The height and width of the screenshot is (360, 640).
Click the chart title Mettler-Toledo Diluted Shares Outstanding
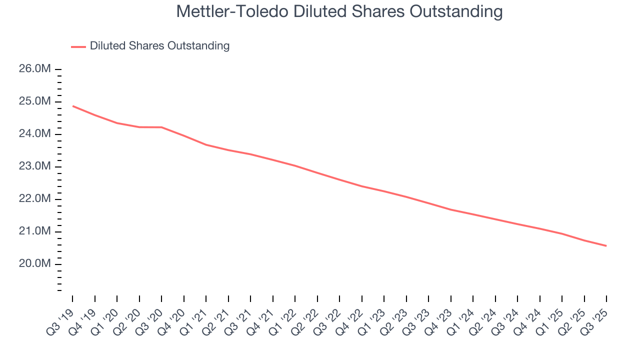tap(339, 11)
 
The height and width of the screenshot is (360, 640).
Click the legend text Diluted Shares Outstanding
tap(159, 46)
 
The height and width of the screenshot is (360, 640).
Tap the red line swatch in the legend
tap(78, 46)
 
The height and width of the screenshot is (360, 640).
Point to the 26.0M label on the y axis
tap(34, 69)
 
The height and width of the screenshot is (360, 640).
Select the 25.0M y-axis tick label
tap(34, 101)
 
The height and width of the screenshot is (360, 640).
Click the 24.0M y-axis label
tap(34, 134)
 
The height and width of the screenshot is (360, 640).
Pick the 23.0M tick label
tap(34, 166)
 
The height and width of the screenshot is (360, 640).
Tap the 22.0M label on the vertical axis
tap(34, 199)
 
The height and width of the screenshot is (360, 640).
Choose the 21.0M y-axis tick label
tap(34, 231)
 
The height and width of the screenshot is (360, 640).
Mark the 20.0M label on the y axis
tap(34, 264)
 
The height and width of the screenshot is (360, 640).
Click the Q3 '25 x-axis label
tap(595, 320)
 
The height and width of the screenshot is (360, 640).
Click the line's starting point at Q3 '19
tap(73, 106)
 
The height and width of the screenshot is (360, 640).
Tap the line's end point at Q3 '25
tap(606, 245)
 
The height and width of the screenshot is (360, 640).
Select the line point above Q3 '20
tap(161, 127)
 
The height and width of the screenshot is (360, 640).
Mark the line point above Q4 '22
tap(362, 186)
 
